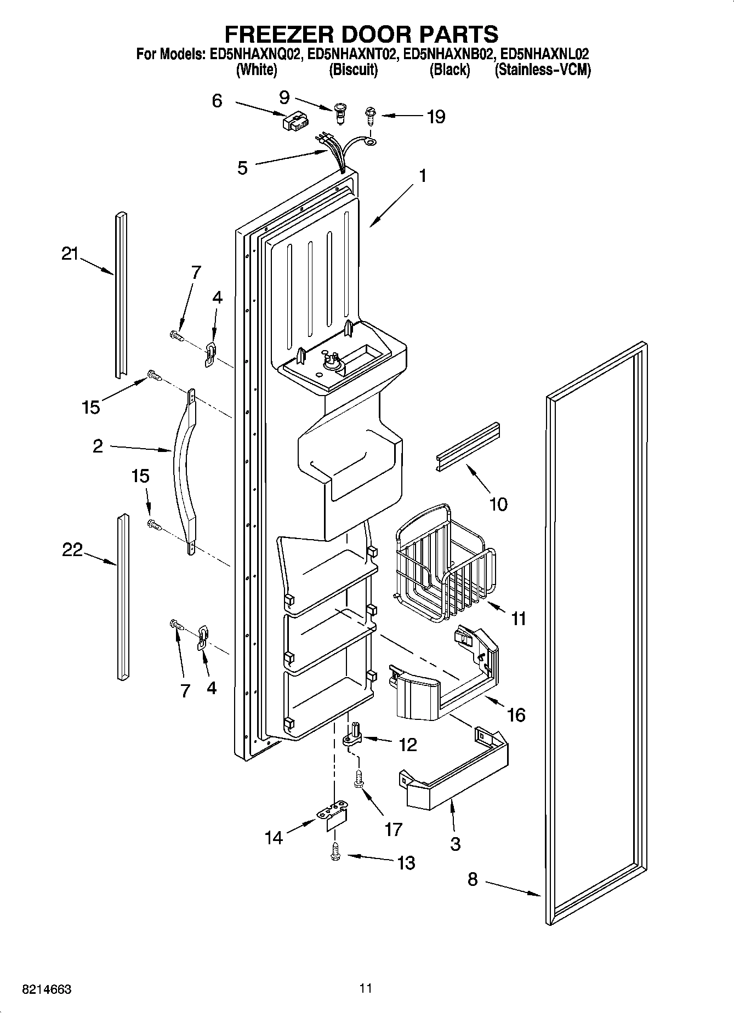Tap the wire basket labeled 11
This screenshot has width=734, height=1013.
[444, 570]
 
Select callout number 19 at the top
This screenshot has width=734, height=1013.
[436, 117]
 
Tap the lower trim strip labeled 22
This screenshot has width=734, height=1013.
[123, 597]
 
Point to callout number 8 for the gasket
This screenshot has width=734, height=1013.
[473, 880]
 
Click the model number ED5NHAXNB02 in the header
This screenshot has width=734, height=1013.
[448, 54]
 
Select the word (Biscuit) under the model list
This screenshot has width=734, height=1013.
[353, 70]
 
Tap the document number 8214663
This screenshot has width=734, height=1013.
[47, 989]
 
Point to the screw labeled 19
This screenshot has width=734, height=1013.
[370, 116]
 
